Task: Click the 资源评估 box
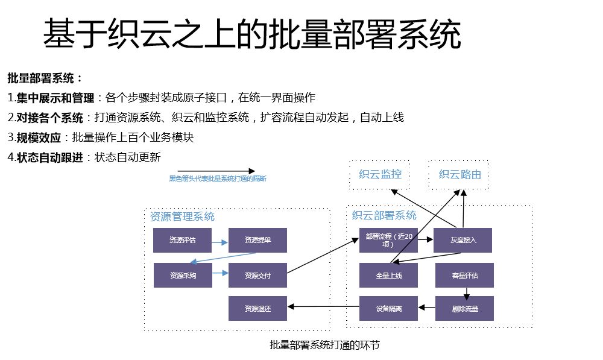[183, 240]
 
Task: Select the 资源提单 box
[257, 240]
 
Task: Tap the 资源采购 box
[183, 275]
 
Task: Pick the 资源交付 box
[257, 275]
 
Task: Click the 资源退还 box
[257, 308]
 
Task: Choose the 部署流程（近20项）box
[388, 240]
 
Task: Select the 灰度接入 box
[463, 240]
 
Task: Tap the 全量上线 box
[388, 275]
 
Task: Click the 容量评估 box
[464, 275]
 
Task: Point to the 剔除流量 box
[464, 308]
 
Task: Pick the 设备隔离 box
[388, 308]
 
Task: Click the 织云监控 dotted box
[379, 175]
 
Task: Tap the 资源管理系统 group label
[182, 216]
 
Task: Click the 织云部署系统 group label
[384, 215]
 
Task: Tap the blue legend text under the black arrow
[217, 179]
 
